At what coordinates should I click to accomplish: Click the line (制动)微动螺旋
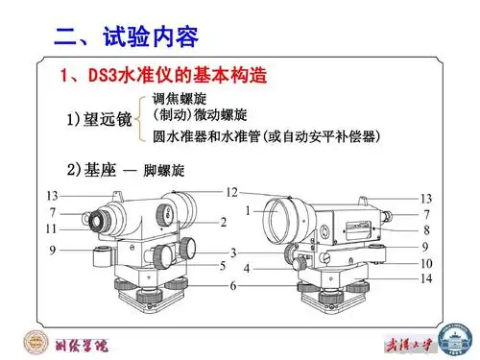[x=200, y=116]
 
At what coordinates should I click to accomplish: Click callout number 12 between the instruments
[x=231, y=192]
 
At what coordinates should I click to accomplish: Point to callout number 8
[x=426, y=230]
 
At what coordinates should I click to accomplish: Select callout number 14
[x=426, y=279]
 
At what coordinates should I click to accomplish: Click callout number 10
[x=426, y=263]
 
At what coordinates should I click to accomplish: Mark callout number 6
[x=231, y=286]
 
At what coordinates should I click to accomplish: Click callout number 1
[x=247, y=208]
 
